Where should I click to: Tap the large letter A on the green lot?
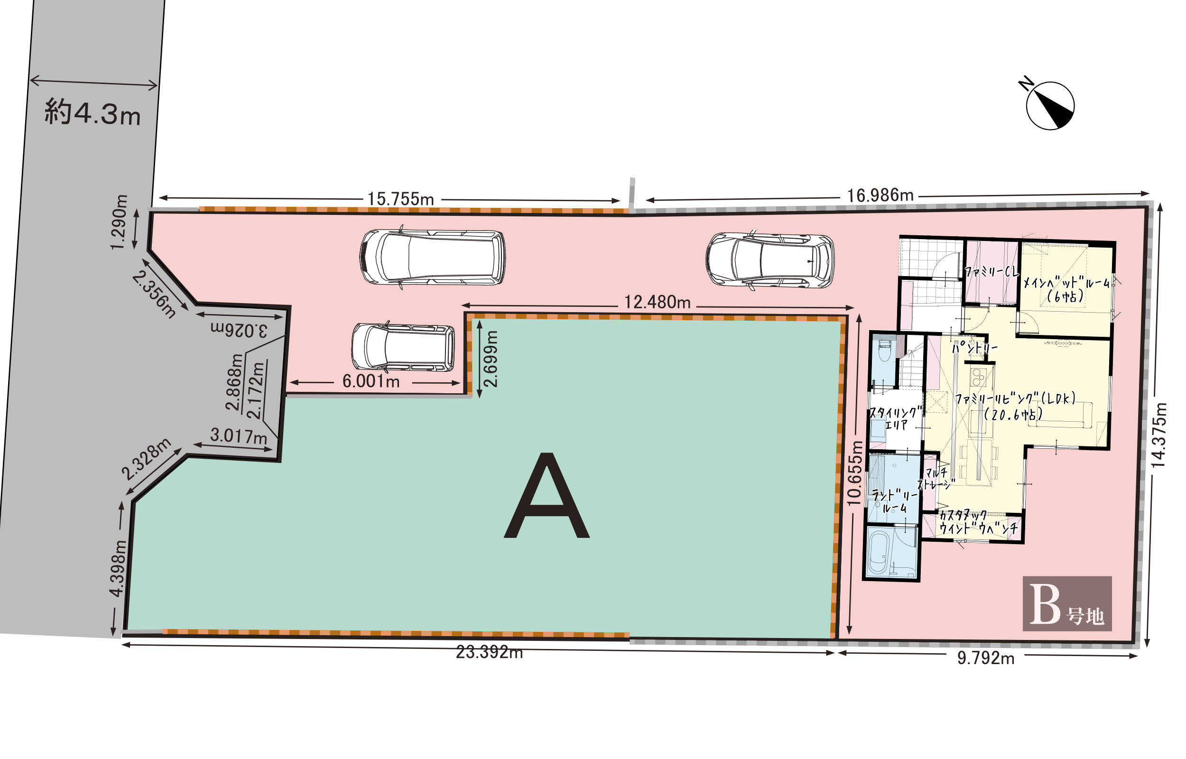pyautogui.click(x=547, y=495)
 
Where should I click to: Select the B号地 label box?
pyautogui.click(x=1067, y=604)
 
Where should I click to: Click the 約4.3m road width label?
pyautogui.click(x=93, y=112)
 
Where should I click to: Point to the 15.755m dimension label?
pyautogui.click(x=400, y=199)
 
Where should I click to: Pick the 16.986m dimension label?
pyautogui.click(x=880, y=195)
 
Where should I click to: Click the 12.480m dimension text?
pyautogui.click(x=657, y=302)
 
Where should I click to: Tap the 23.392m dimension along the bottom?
pyautogui.click(x=489, y=652)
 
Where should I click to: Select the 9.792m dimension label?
pyautogui.click(x=985, y=658)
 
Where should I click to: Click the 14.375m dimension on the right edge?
pyautogui.click(x=1159, y=435)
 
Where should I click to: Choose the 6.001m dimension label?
pyautogui.click(x=371, y=381)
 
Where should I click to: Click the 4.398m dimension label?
pyautogui.click(x=118, y=569)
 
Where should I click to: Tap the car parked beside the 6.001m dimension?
pyautogui.click(x=403, y=347)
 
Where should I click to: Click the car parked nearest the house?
pyautogui.click(x=769, y=260)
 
